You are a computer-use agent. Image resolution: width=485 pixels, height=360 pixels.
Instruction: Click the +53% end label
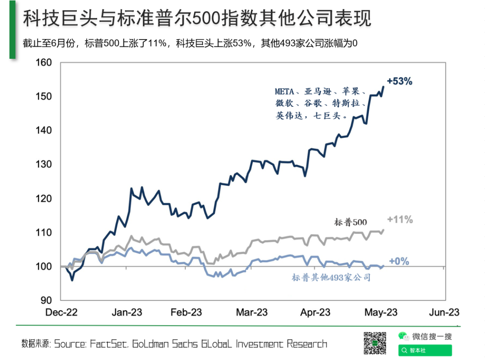coord(399,81)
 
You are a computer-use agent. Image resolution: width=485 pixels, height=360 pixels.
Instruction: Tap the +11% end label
coord(400,220)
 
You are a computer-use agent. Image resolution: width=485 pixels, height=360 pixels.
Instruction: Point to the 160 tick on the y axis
coord(44,62)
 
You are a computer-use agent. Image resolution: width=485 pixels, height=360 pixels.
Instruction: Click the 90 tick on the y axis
coord(46,300)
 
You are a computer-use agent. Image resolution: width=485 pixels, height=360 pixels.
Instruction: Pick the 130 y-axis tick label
coord(44,164)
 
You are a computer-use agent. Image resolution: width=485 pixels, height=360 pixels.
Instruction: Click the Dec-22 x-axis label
coord(62,312)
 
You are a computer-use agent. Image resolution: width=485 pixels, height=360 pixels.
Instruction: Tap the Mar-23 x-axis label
coord(252,312)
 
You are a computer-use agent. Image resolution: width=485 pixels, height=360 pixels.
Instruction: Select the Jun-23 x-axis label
coord(444,312)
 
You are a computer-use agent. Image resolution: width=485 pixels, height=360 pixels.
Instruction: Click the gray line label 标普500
coord(351,222)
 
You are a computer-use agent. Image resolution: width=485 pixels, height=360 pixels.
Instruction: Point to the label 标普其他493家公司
coord(331,278)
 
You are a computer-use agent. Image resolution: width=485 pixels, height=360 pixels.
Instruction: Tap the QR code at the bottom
coord(375,343)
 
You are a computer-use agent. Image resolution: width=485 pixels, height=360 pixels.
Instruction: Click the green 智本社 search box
coord(425,350)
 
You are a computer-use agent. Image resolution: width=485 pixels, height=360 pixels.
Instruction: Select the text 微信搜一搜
coord(432,336)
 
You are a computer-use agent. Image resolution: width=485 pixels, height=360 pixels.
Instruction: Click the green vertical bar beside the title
coord(13,29)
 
